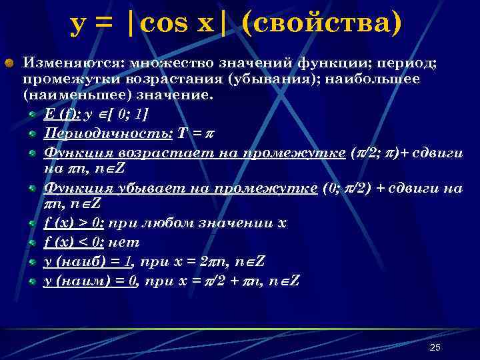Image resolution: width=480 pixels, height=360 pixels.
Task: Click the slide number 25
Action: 435,348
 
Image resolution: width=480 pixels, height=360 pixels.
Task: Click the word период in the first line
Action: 407,63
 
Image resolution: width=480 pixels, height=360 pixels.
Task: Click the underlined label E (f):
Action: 63,113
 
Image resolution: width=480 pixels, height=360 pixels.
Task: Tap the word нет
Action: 125,242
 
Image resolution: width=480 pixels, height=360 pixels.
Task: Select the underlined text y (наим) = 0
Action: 91,280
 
